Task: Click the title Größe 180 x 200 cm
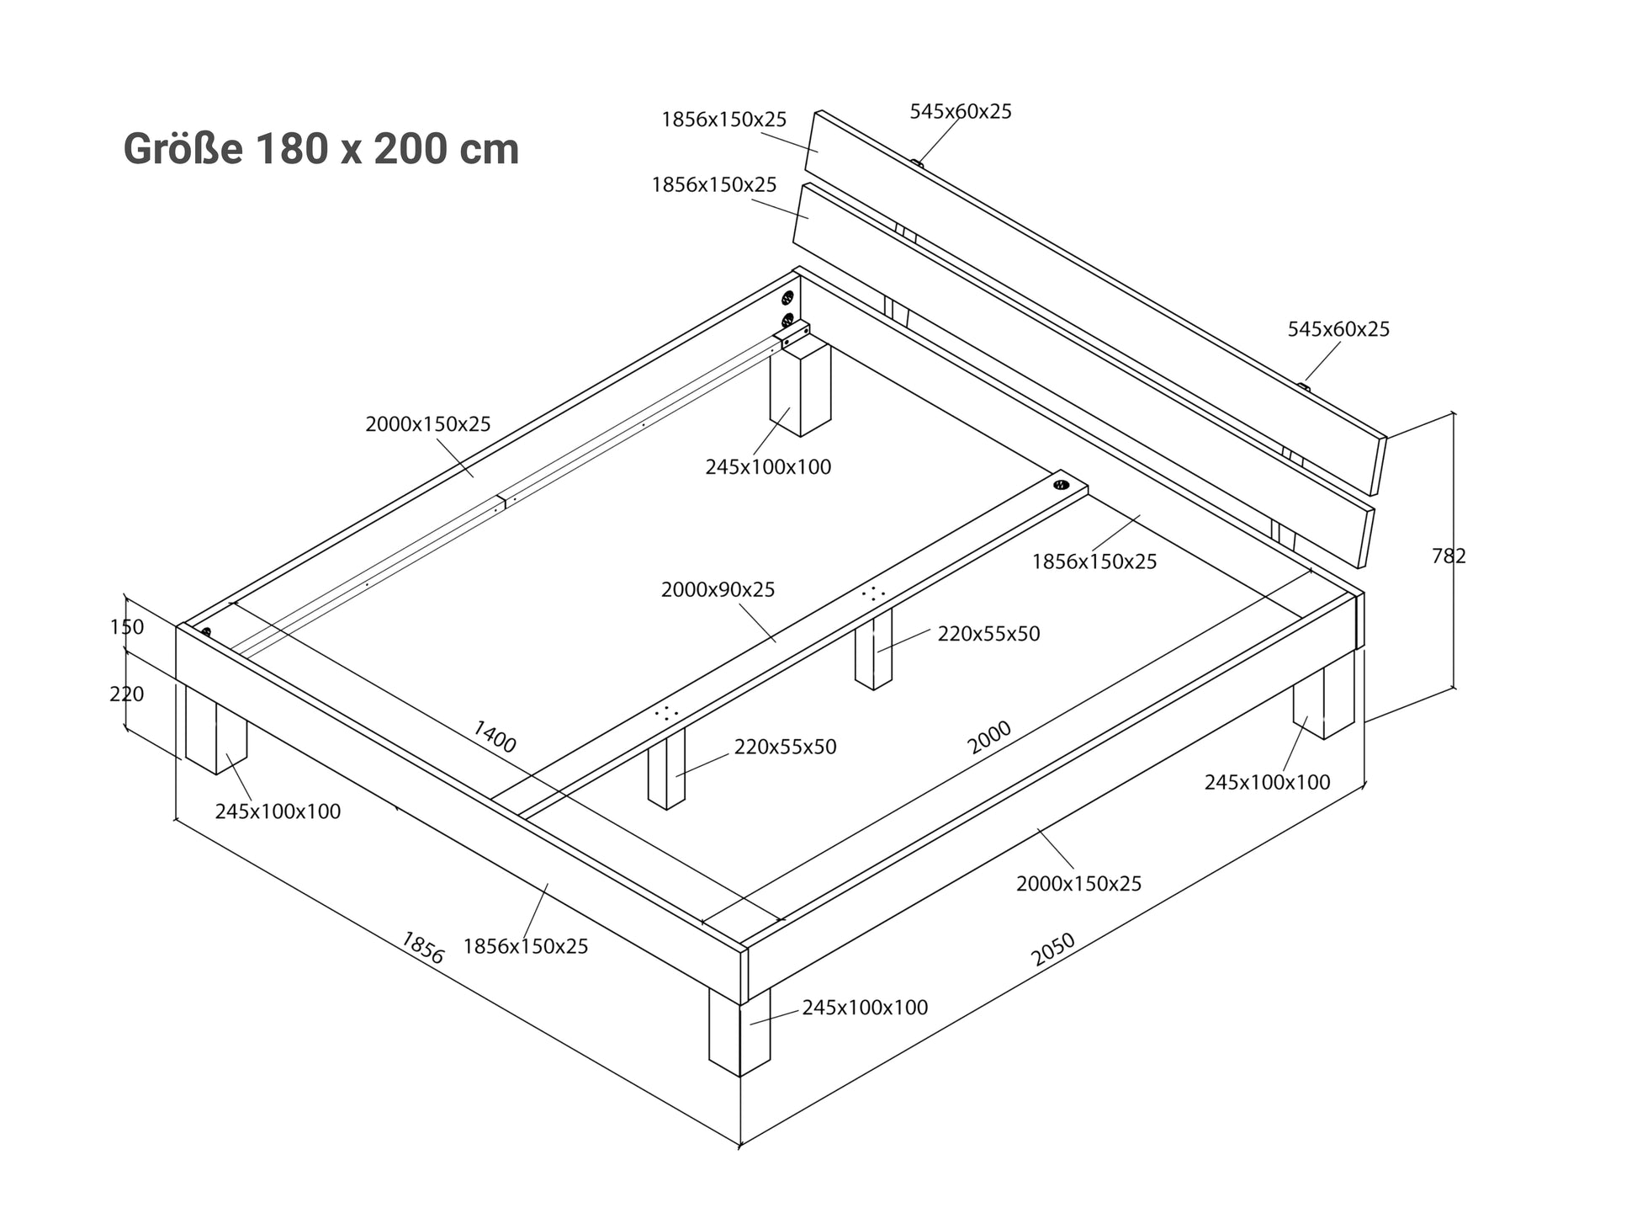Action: pyautogui.click(x=321, y=150)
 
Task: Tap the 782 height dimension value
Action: pyautogui.click(x=1449, y=556)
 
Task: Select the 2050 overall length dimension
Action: pyautogui.click(x=1053, y=949)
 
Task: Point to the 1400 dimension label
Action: pyautogui.click(x=495, y=736)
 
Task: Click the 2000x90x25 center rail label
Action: pyautogui.click(x=718, y=589)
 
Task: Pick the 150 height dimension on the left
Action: pyautogui.click(x=126, y=626)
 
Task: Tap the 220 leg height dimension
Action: pyautogui.click(x=126, y=694)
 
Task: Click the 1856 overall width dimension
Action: pyautogui.click(x=422, y=947)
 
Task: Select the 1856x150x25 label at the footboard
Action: pyautogui.click(x=526, y=946)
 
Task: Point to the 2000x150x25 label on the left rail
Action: pyautogui.click(x=427, y=423)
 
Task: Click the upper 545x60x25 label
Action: pyautogui.click(x=961, y=111)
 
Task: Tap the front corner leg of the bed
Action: pyautogui.click(x=739, y=1034)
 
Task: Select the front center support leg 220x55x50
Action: pyautogui.click(x=666, y=768)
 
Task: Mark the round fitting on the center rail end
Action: pyautogui.click(x=1061, y=486)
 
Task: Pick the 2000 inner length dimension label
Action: pyautogui.click(x=989, y=737)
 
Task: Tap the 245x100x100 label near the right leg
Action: pyautogui.click(x=1267, y=782)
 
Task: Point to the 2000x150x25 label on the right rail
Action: pyautogui.click(x=1078, y=883)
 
